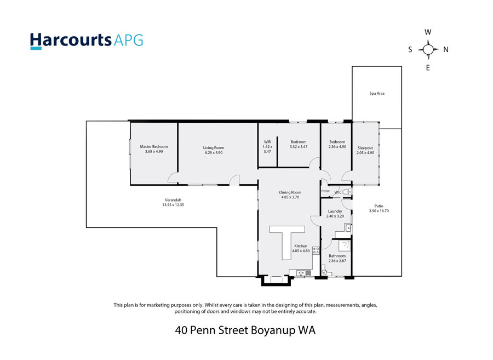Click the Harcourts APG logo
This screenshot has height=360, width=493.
pyautogui.click(x=87, y=41)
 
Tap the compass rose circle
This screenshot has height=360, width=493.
pyautogui.click(x=428, y=49)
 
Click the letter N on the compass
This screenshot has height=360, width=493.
pyautogui.click(x=446, y=49)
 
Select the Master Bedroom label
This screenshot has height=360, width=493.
pyautogui.click(x=154, y=146)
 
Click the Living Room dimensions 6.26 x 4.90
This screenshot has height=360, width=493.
pyautogui.click(x=214, y=152)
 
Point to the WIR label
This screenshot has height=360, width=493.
pyautogui.click(x=267, y=142)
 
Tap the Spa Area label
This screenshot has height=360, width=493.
pyautogui.click(x=377, y=93)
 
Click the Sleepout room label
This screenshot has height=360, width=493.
pyautogui.click(x=365, y=148)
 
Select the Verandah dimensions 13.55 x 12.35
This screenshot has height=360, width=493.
pyautogui.click(x=173, y=205)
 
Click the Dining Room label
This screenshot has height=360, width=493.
pyautogui.click(x=290, y=192)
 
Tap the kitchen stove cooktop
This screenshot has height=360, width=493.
pyautogui.click(x=316, y=250)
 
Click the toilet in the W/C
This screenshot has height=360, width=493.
pyautogui.click(x=347, y=192)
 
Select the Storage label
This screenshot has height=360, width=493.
pyautogui.click(x=325, y=191)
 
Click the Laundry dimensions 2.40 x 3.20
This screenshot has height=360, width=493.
pyautogui.click(x=335, y=216)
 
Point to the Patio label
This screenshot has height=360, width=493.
pyautogui.click(x=379, y=206)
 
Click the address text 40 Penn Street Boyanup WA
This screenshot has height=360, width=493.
pyautogui.click(x=245, y=330)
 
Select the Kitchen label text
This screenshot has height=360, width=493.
pyautogui.click(x=301, y=246)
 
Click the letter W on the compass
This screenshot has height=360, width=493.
pyautogui.click(x=428, y=32)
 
